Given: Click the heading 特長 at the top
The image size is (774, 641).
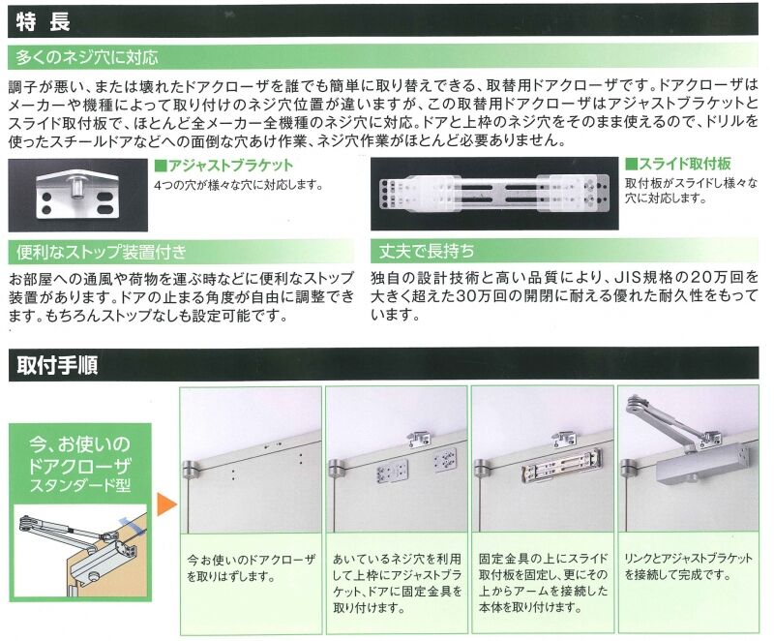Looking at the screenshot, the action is click(43, 22).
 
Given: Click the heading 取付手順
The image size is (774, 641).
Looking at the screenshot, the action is click(57, 365).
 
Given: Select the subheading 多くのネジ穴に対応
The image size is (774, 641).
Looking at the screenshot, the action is click(87, 58).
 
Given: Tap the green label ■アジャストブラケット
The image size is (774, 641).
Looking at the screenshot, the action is click(223, 165).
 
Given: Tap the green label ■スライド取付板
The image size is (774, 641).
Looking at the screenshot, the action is click(678, 164).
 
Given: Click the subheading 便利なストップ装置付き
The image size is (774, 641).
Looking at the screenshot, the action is click(102, 252).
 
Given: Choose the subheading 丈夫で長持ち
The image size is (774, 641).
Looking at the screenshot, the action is click(427, 251).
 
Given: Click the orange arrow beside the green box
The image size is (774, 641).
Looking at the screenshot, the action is click(166, 504).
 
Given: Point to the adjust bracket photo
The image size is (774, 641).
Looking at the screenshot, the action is click(78, 195).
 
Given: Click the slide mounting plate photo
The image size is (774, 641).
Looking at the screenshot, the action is click(494, 194).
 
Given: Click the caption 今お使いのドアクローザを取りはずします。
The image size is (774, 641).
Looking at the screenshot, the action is click(251, 568).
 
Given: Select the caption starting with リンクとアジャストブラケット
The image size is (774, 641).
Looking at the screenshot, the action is click(689, 566).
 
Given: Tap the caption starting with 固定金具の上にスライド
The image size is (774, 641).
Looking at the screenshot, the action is click(543, 583).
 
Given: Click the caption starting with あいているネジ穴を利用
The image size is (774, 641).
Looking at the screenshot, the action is click(398, 583).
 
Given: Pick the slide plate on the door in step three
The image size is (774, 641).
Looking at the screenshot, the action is click(562, 466).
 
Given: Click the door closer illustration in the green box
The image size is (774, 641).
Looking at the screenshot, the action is click(80, 551).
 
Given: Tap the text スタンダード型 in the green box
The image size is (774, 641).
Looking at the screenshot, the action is click(80, 486).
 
